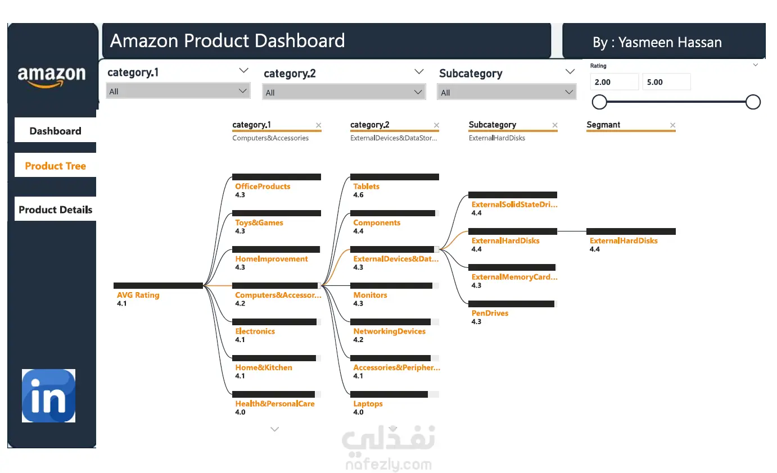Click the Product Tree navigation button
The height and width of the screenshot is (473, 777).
click(55, 166)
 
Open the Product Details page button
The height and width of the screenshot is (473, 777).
click(55, 210)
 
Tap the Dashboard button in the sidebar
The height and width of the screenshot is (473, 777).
click(55, 131)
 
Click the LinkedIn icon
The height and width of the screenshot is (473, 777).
click(48, 395)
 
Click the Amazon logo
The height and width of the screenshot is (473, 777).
click(52, 76)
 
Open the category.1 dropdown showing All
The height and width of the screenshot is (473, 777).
click(178, 91)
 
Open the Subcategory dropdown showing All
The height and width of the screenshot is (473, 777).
click(507, 92)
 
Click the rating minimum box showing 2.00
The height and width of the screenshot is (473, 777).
click(614, 82)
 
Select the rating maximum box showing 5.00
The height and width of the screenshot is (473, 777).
click(666, 82)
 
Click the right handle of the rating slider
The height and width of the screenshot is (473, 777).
click(753, 102)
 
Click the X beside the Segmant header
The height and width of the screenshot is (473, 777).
click(672, 125)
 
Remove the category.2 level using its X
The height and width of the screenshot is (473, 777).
click(436, 125)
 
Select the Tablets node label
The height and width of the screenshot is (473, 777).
click(367, 187)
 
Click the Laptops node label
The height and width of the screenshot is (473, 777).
click(368, 404)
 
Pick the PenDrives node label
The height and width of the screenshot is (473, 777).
click(490, 313)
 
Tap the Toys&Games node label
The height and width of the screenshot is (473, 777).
click(259, 222)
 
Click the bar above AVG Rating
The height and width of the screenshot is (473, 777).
click(158, 285)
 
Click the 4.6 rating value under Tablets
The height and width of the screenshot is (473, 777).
click(358, 195)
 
